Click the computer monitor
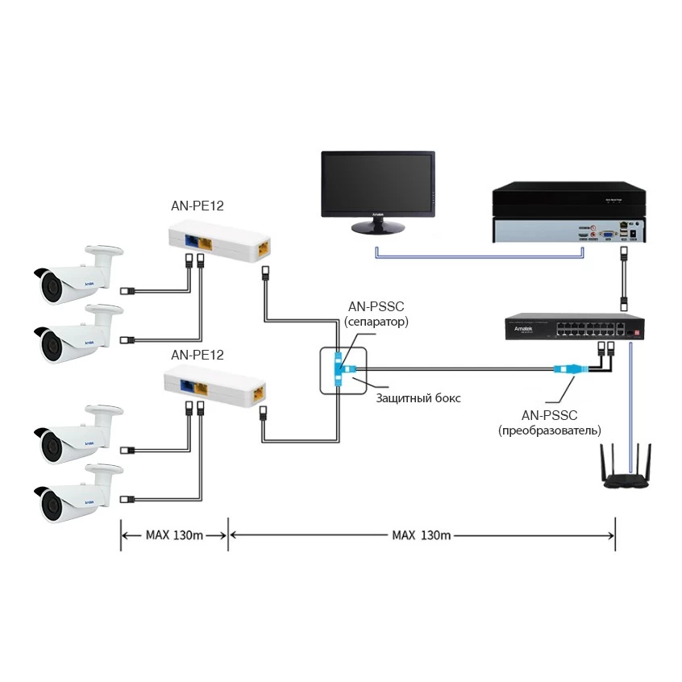[378, 185]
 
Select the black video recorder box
[570, 213]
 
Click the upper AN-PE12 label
[197, 206]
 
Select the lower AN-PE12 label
[197, 354]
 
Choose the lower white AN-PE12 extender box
[217, 387]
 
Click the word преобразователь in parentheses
[551, 430]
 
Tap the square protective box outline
[343, 371]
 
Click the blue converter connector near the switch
[565, 370]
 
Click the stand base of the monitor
[378, 228]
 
